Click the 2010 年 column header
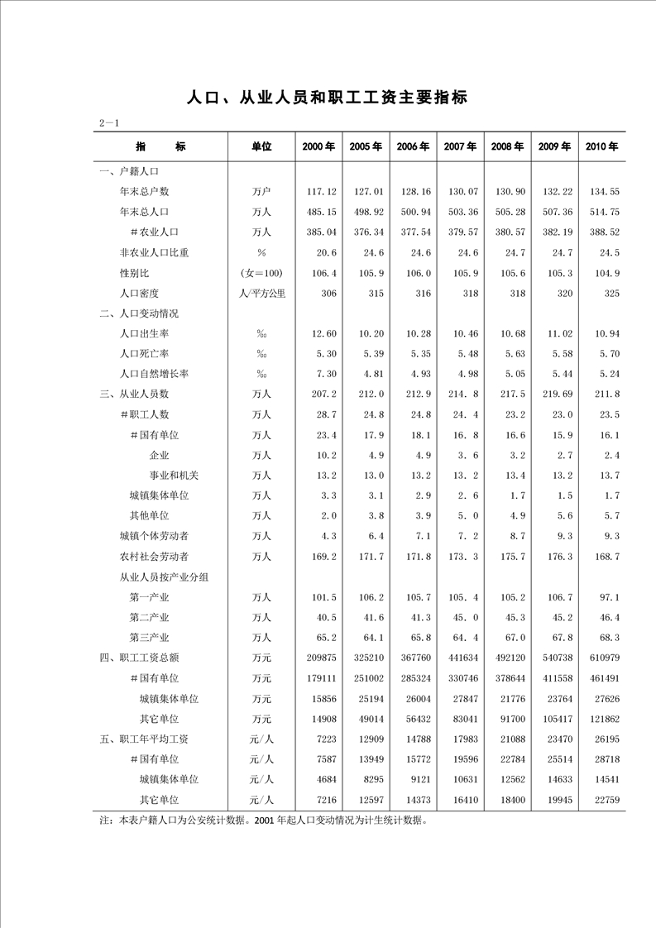pos(601,146)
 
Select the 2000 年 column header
pos(318,146)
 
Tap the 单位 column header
pos(261,146)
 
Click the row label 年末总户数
pos(145,192)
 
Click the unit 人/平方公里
pos(261,293)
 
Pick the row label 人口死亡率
pos(145,353)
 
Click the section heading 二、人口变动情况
pos(138,313)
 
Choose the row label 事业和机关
pos(174,475)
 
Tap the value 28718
pos(606,759)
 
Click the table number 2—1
pos(110,124)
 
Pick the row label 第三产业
pos(150,637)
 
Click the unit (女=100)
pos(261,273)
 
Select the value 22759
pos(606,800)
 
